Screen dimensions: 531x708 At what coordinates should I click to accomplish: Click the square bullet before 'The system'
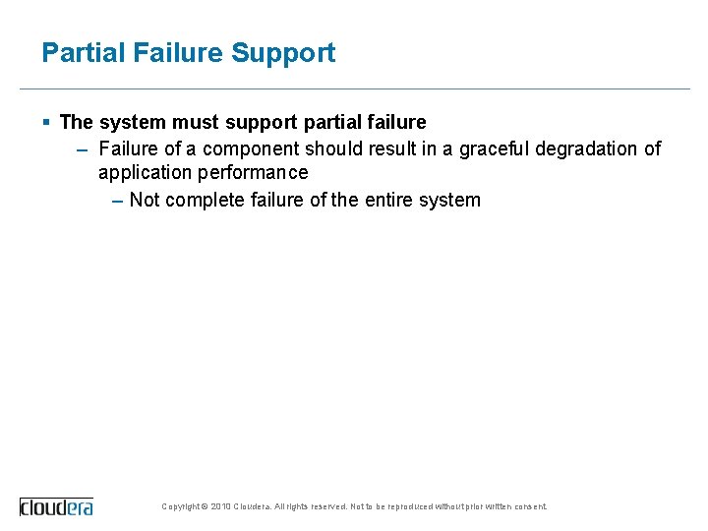pos(46,122)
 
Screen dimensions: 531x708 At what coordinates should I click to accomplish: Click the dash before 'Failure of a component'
pos(83,148)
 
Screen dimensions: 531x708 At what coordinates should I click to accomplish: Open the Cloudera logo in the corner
pos(56,506)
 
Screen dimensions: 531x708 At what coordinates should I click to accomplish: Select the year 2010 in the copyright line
pos(220,506)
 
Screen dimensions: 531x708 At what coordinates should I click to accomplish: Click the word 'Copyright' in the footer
pos(180,506)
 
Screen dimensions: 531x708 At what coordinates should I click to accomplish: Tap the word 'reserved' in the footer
pos(328,506)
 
